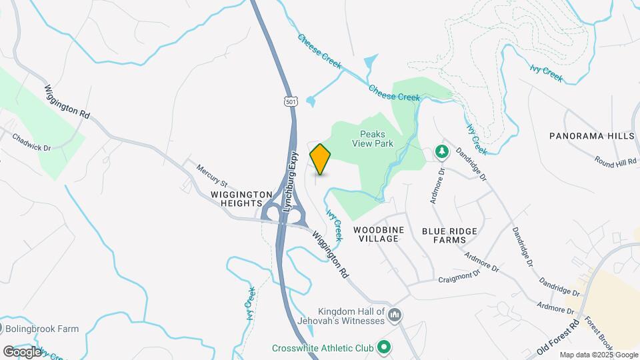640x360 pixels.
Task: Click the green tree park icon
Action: click(x=441, y=153)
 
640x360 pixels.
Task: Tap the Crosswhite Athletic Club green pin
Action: click(x=383, y=347)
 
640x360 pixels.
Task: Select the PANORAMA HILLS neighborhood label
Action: click(x=591, y=136)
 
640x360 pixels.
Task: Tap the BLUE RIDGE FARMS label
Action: click(x=449, y=235)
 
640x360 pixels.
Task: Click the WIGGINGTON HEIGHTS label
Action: click(x=241, y=199)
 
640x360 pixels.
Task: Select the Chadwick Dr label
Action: click(x=32, y=142)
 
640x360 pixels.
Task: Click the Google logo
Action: click(x=21, y=351)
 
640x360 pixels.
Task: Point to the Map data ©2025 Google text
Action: click(x=599, y=355)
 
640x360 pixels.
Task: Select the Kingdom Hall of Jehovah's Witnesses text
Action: click(x=351, y=317)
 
